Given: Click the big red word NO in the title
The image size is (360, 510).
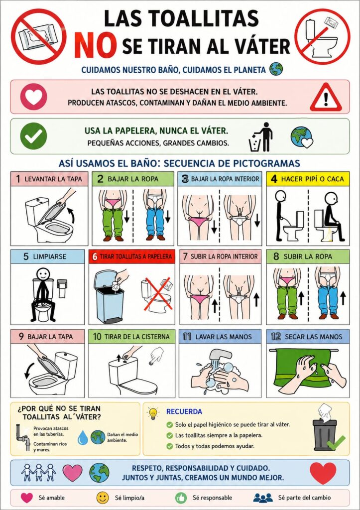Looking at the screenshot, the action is point(95,45).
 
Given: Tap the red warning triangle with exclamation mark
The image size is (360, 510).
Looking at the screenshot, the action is point(326,97).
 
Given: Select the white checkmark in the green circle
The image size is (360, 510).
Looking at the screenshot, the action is point(33,136).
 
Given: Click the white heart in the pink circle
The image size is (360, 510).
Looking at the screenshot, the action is point(34,97).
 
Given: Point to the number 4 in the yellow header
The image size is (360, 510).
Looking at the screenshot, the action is point(274,179).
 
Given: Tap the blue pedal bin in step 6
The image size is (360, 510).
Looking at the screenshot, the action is point(109,296).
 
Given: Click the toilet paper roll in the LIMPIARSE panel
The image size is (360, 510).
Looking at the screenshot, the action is point(62,287).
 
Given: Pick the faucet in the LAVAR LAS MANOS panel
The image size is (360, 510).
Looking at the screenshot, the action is point(222,356).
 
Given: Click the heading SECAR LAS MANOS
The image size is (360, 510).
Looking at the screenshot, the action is point(314,337).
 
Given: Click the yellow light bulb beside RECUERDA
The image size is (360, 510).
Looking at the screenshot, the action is point(152,413).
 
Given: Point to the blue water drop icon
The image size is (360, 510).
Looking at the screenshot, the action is point(83,438).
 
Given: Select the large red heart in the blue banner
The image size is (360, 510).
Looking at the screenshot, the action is point(323,473).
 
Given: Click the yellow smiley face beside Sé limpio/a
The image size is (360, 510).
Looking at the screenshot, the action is point(102,498).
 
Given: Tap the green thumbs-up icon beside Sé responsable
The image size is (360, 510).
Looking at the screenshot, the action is point(180,498).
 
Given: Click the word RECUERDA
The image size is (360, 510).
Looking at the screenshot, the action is point(184,411).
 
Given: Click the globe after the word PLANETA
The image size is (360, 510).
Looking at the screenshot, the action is point(276,69).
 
